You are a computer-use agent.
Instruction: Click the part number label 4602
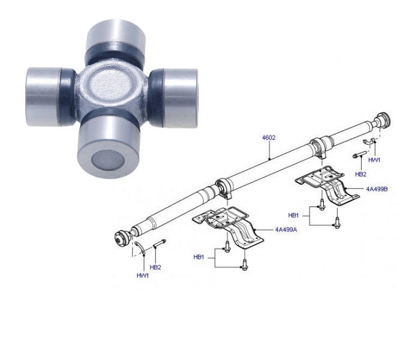269,138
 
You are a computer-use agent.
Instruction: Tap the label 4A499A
286,230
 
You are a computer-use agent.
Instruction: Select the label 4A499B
377,189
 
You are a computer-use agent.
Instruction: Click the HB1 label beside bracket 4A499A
198,257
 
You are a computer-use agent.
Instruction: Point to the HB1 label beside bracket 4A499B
293,215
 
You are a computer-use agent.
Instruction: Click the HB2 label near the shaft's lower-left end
155,267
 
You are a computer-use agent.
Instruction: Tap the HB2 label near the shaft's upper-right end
360,174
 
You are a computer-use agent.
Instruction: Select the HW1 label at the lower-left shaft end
143,275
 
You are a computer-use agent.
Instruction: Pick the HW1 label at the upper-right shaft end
374,160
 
